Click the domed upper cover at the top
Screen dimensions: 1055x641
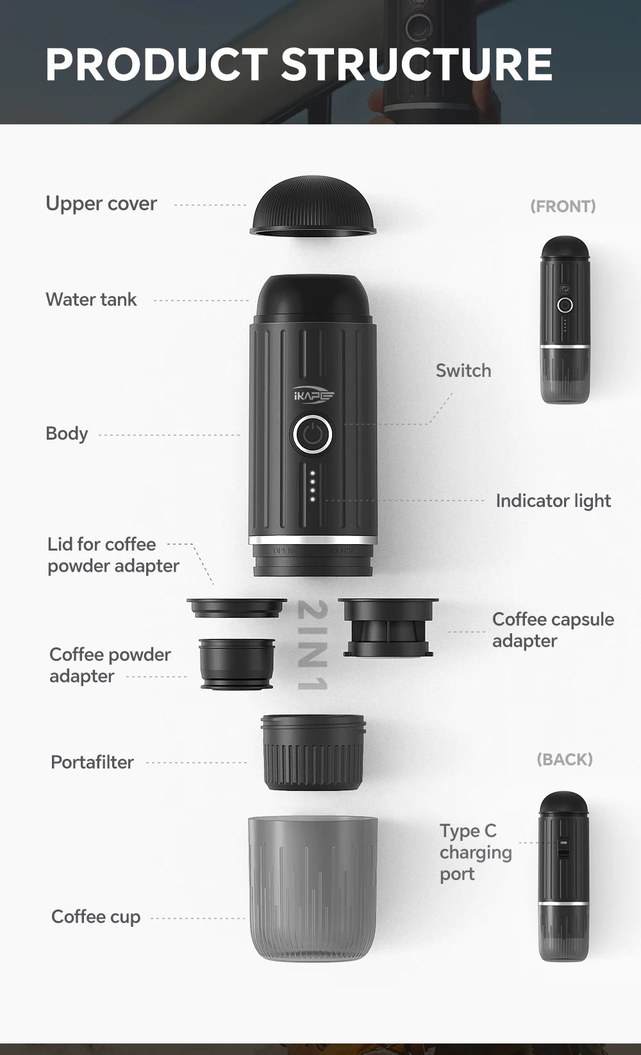coord(313,207)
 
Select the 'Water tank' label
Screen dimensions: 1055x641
coord(91,299)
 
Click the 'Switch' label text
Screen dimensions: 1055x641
coord(463,370)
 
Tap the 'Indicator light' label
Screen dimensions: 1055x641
coord(553,501)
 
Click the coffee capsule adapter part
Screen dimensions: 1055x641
coord(388,628)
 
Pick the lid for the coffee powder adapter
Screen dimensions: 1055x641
coord(236,607)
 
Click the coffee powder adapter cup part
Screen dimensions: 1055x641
coord(237,663)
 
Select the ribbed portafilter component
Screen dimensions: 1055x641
coord(313,752)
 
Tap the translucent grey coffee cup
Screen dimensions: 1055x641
coord(313,888)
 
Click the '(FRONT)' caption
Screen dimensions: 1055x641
coord(563,206)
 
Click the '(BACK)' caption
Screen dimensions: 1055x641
coord(564,760)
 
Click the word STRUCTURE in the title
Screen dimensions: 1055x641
coord(416,64)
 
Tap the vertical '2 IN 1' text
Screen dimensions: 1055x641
coord(313,645)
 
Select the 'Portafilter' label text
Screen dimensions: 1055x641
coord(92,762)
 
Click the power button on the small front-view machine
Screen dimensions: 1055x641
coord(565,304)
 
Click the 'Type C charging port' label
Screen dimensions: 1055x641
coord(475,852)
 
